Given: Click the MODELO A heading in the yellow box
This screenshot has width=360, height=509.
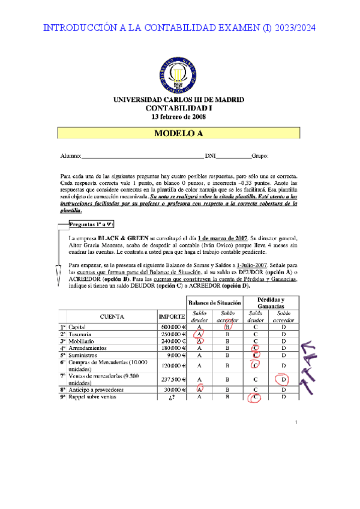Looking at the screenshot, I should [x=179, y=134].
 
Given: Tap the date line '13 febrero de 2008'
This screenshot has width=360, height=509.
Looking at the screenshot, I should [x=179, y=116].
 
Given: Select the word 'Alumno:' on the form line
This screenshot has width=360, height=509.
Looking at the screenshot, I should [x=70, y=156].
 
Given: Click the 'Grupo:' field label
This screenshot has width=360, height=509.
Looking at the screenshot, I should [x=260, y=156].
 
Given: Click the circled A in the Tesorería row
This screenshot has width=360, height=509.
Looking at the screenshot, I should [x=199, y=335].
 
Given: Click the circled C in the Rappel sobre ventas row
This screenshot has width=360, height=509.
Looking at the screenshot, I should [x=255, y=397].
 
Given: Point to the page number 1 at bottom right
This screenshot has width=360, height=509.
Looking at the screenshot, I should [x=296, y=424].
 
